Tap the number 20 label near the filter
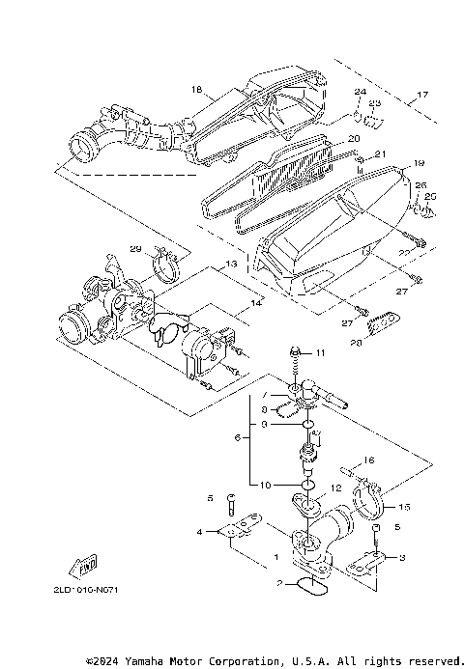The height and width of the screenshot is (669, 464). point(353,140)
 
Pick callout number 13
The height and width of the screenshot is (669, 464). point(231,264)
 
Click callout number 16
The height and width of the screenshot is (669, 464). point(368,461)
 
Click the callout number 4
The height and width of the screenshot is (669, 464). point(200,532)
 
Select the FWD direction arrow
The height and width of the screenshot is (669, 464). point(84,564)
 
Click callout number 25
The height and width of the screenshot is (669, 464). point(430,196)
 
